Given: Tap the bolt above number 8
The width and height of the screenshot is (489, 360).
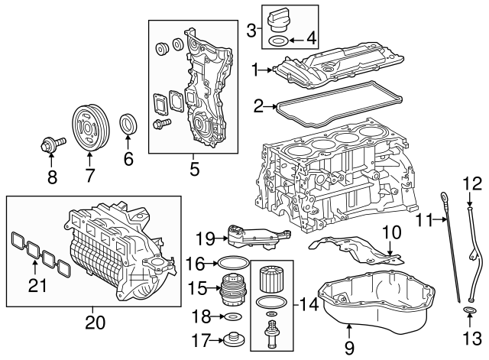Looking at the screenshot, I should [52, 142].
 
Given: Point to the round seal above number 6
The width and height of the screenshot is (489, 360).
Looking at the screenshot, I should [129, 123].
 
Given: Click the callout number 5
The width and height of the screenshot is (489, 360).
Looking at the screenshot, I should [194, 167].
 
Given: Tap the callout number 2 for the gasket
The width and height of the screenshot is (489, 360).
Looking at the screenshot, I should [258, 105].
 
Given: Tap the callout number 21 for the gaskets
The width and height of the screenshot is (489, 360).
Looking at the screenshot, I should [36, 285].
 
